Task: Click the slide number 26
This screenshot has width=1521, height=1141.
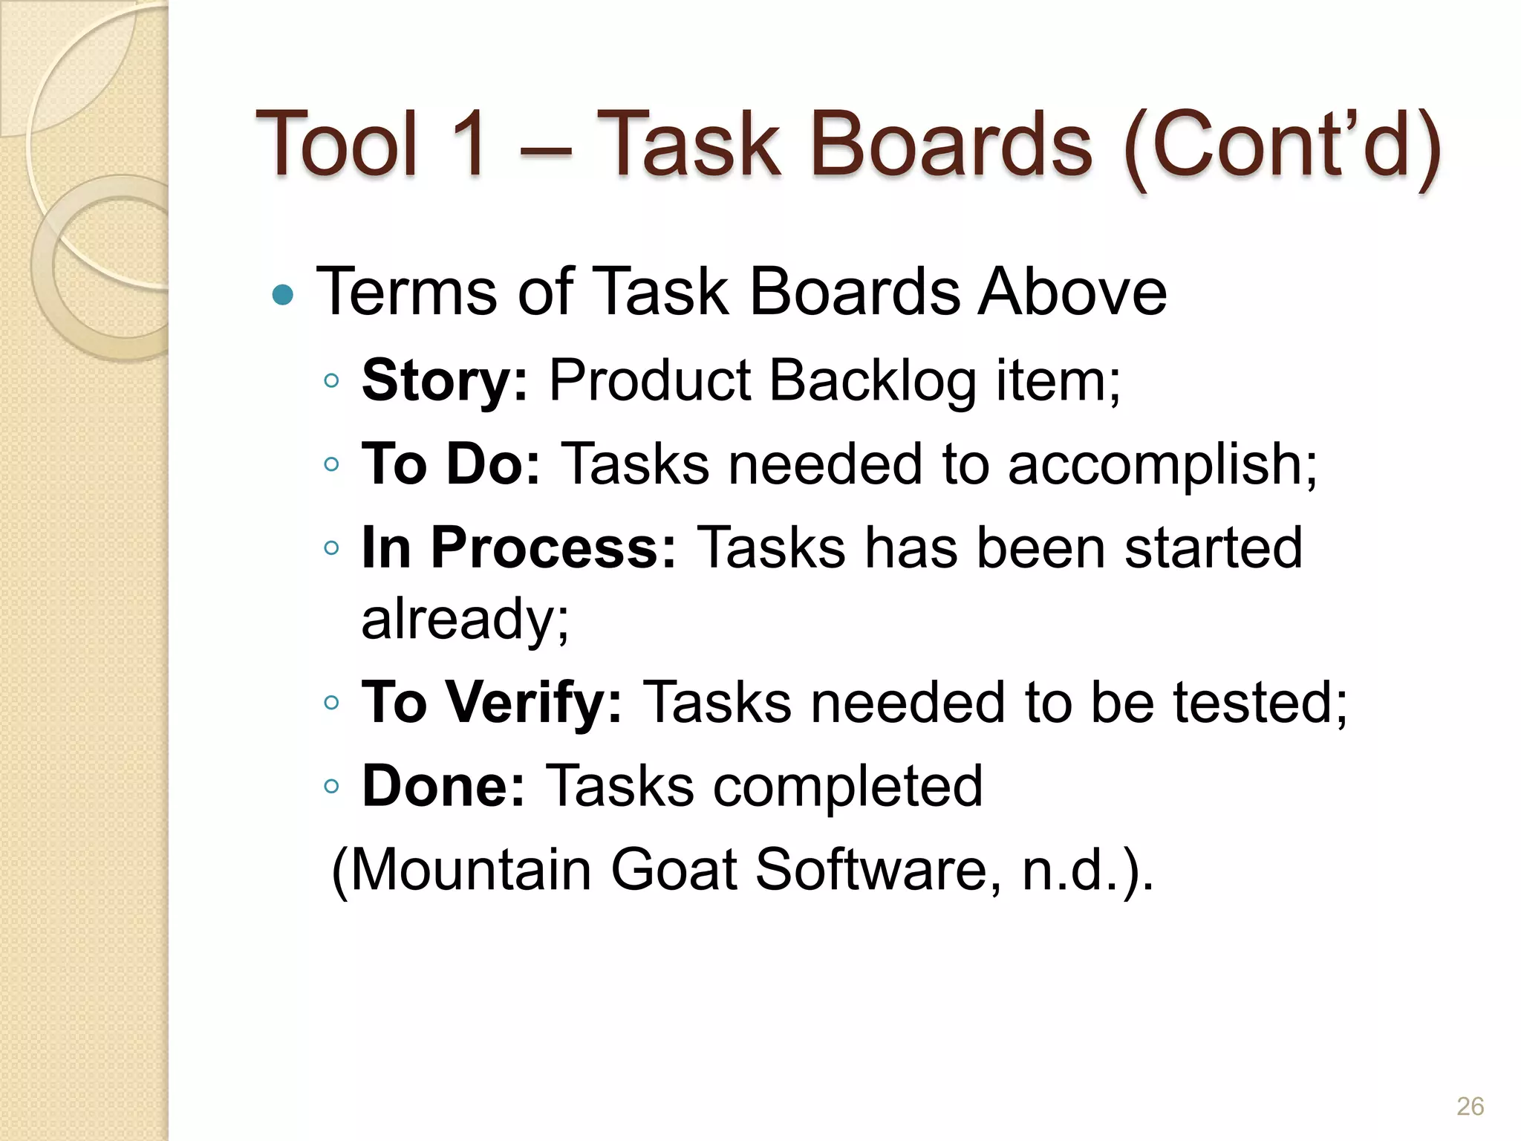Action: pos(1470,1106)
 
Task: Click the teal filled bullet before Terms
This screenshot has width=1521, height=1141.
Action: pos(283,296)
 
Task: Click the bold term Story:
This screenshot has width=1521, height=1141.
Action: pos(444,380)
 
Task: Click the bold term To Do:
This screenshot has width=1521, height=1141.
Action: pos(451,464)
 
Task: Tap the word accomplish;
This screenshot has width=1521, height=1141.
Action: pos(1162,465)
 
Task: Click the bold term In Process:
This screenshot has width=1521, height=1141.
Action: pos(518,547)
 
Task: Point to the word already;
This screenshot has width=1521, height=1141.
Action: pos(465,619)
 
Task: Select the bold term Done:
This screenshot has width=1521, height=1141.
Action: pos(443,786)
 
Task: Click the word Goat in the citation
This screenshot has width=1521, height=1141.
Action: pos(673,869)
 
